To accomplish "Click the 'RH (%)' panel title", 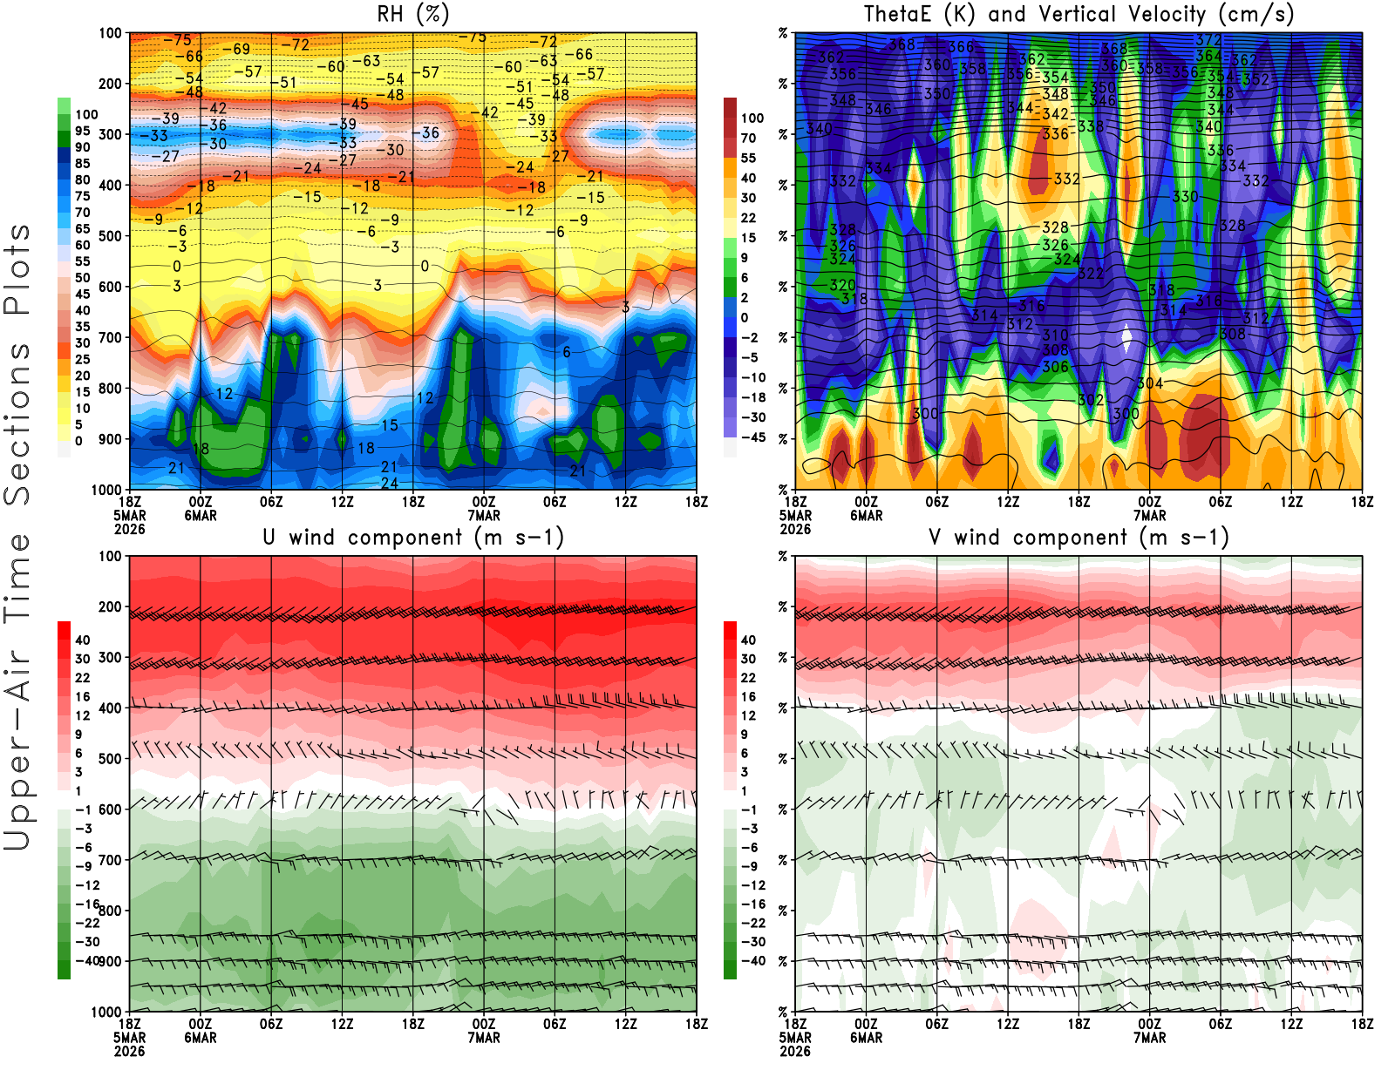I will (x=412, y=14).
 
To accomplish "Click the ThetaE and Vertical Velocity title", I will (x=1079, y=14).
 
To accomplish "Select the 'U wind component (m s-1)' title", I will (x=413, y=537).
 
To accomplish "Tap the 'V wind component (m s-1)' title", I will (x=1079, y=537).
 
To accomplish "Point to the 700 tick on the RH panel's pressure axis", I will (x=111, y=337).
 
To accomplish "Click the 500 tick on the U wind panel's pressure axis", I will (x=111, y=759).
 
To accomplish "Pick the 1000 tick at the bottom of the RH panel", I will (x=107, y=490).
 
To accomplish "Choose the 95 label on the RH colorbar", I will (x=83, y=131).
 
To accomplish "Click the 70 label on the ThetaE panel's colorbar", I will (x=748, y=138).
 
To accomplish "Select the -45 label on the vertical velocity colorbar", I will (x=753, y=437).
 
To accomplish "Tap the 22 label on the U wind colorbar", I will (x=83, y=678).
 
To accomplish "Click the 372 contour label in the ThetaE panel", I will (x=1208, y=40).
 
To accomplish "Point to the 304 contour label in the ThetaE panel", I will (x=1150, y=383).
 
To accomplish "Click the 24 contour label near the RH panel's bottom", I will (x=390, y=483).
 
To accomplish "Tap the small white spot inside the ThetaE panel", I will (x=1127, y=335).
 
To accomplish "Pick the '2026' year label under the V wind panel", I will (x=795, y=1051).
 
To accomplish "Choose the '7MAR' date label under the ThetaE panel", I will (x=1150, y=515).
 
